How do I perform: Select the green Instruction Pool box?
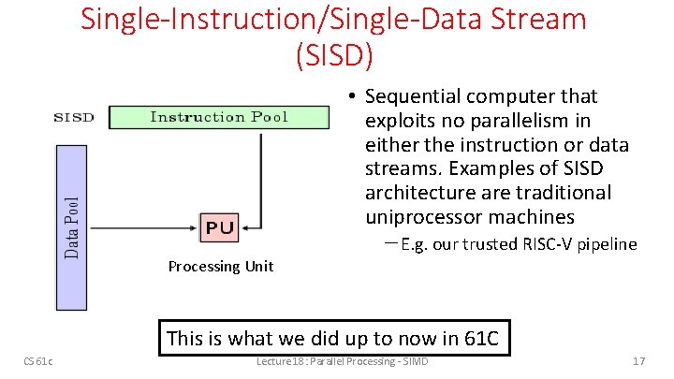click(219, 117)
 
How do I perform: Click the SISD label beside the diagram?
click(74, 117)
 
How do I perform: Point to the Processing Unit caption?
click(220, 267)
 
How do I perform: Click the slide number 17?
click(640, 361)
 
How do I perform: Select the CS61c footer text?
click(38, 361)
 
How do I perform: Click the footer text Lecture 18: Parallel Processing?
click(341, 361)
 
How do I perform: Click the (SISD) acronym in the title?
click(334, 54)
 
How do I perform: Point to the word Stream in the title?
click(542, 18)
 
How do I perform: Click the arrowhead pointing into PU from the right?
click(242, 226)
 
